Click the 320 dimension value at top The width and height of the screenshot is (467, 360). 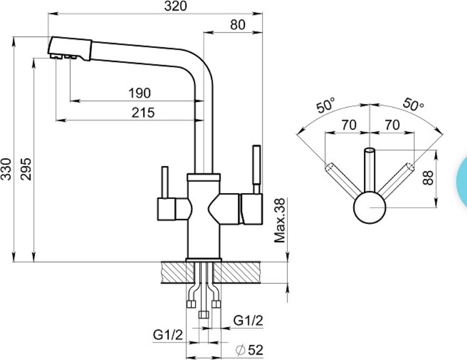pyautogui.click(x=175, y=6)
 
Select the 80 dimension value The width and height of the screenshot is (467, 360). pyautogui.click(x=238, y=25)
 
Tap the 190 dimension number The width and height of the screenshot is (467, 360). pyautogui.click(x=139, y=93)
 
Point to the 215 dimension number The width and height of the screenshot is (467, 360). pyautogui.click(x=143, y=112)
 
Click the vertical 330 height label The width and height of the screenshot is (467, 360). pyautogui.click(x=6, y=169)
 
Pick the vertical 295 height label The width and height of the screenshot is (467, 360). pyautogui.click(x=26, y=169)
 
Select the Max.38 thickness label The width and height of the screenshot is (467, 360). pyautogui.click(x=280, y=221)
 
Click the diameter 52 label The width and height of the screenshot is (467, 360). pyautogui.click(x=250, y=350)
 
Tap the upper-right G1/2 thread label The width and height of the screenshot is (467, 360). pyautogui.click(x=249, y=321)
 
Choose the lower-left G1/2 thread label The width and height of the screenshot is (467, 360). pyautogui.click(x=168, y=335)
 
